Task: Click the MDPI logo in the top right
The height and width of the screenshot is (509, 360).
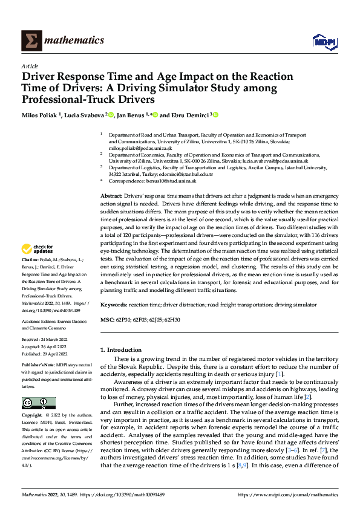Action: coord(324,41)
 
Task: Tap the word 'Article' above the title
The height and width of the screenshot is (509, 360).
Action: coord(30,65)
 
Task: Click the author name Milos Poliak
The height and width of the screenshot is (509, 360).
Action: coord(42,115)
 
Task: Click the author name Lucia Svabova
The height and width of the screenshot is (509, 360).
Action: coord(85,115)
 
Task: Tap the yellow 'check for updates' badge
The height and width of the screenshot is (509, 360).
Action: coord(38,248)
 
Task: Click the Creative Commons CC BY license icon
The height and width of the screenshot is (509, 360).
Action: coord(38,403)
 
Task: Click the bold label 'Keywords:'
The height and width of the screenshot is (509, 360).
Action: coord(114,305)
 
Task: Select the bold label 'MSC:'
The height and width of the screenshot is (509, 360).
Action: coord(106,319)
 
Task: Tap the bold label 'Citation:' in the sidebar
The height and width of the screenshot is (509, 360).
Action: coord(31,259)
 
